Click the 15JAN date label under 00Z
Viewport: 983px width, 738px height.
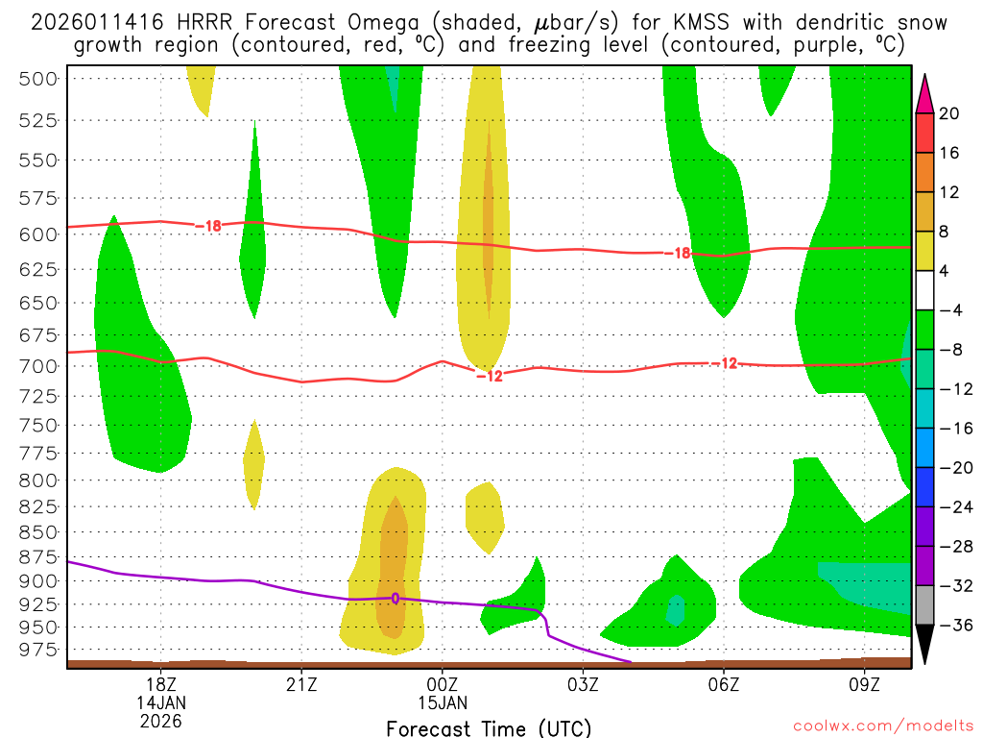point(442,701)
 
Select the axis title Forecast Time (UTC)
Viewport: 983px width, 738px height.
point(489,727)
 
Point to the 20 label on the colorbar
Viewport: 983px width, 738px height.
point(949,113)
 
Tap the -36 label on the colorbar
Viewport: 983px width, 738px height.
point(952,625)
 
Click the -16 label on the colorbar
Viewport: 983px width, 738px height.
point(952,428)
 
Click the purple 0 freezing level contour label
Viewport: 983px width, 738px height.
point(395,598)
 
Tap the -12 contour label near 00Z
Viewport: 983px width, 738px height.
point(490,376)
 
